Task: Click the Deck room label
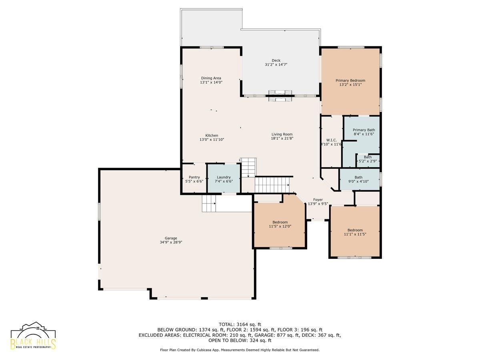[276, 60]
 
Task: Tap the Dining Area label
[211, 78]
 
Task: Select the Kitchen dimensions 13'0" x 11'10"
[212, 140]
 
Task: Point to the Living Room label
[282, 134]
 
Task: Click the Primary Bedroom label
[350, 80]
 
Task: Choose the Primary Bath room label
[364, 130]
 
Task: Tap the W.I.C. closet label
[332, 140]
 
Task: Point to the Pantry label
[194, 177]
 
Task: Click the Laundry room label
[224, 177]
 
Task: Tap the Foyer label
[318, 200]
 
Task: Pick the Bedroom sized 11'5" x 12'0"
[280, 224]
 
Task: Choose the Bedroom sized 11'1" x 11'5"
[355, 232]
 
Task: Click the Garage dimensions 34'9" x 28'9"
[171, 242]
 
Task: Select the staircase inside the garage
[209, 204]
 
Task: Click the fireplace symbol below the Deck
[280, 96]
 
